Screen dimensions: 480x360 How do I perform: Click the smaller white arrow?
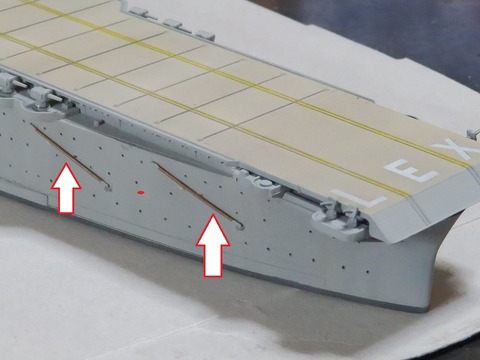point(66,188)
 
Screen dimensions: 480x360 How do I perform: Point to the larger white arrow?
point(213,246)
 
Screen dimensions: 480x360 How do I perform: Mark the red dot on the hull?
point(141,192)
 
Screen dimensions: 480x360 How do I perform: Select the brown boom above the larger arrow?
point(197,195)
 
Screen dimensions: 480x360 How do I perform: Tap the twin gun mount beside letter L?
point(344,214)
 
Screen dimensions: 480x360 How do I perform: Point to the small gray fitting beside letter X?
point(472,134)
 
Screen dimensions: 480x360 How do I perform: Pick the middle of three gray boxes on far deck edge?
point(172,23)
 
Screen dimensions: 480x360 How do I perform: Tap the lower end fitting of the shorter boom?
point(108,188)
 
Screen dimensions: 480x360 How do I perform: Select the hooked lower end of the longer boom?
point(240,227)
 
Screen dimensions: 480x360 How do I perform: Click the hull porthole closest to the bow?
point(367,272)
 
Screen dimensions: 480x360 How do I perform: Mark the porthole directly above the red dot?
point(136,182)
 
